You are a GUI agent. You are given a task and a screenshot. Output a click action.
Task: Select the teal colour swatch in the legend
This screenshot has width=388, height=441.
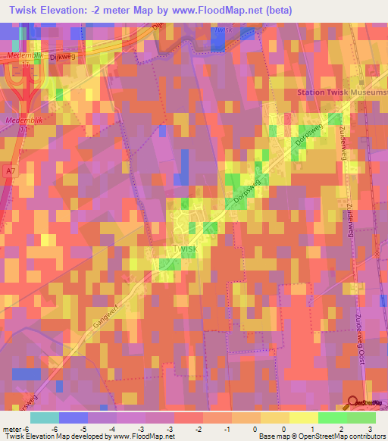pyautogui.click(x=45, y=418)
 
